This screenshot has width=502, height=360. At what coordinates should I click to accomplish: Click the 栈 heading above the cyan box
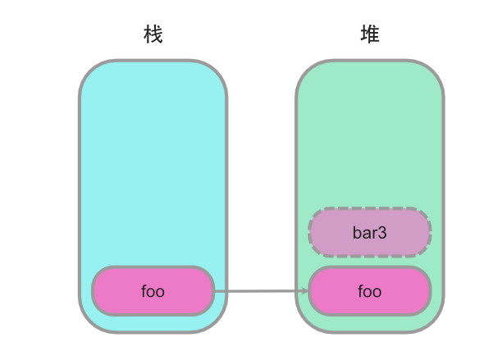click(x=153, y=34)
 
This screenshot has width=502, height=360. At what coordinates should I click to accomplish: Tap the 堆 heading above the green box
click(x=370, y=34)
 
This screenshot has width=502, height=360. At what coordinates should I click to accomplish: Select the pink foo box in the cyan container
click(x=153, y=291)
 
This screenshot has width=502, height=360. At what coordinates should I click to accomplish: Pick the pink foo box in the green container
click(x=370, y=291)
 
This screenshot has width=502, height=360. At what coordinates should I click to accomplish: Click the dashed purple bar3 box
click(x=370, y=232)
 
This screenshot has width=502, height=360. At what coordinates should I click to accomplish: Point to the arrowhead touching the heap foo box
click(x=304, y=291)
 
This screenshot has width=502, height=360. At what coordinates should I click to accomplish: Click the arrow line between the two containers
click(x=262, y=291)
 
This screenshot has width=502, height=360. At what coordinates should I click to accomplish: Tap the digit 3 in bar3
click(x=382, y=233)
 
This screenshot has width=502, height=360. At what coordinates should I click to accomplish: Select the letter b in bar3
click(x=357, y=233)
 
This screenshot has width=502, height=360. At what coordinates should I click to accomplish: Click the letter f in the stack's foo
click(x=144, y=291)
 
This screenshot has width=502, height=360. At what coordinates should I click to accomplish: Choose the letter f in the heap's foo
click(x=361, y=291)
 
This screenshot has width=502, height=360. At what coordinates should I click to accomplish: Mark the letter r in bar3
click(x=375, y=235)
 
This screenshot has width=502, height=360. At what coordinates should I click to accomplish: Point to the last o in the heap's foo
click(x=376, y=293)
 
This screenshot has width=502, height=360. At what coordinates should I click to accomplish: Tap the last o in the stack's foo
click(x=160, y=293)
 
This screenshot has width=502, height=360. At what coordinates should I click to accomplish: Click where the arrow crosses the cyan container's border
click(x=226, y=291)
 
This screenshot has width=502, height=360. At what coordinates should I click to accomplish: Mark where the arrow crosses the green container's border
click(x=297, y=291)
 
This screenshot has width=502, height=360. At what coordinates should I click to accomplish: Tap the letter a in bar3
click(x=367, y=235)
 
